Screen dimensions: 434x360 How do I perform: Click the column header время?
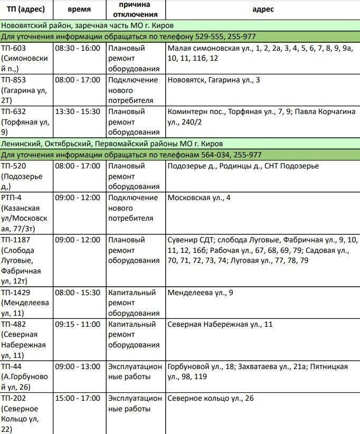79,10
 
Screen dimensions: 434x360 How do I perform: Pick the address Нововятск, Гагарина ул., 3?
214,80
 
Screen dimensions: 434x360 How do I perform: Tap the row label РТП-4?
12,198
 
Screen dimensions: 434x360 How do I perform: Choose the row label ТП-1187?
15,240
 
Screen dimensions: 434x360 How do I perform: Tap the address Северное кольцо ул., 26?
211,398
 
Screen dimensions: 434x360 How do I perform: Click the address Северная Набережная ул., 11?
220,324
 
